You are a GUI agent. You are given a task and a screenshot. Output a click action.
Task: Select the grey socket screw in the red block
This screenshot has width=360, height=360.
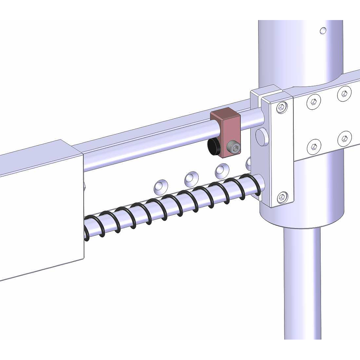pos(234,148)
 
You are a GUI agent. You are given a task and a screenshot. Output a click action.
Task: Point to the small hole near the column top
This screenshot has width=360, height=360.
pos(323,31)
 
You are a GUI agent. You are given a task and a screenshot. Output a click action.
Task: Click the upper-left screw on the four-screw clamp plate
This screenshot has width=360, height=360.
pos(314,102)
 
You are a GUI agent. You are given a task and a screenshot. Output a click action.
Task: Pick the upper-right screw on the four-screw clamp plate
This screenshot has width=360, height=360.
pos(344,94)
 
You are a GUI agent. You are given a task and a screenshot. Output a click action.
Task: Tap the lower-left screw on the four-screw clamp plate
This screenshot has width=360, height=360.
pos(314,146)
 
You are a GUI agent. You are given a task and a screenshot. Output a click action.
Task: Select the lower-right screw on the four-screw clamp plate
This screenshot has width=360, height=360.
pos(345,139)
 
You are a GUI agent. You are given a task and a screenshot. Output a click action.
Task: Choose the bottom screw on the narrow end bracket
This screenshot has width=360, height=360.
pos(282,198)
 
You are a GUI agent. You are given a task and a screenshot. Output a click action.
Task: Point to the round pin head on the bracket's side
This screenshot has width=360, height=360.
pos(261,137)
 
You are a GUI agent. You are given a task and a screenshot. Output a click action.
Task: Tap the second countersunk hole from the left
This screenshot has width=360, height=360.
pos(192,178)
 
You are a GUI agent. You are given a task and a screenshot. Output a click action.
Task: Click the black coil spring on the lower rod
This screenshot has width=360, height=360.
pos(169,207)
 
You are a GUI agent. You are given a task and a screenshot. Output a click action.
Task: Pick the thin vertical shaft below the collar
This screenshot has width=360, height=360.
pos(302,281)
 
